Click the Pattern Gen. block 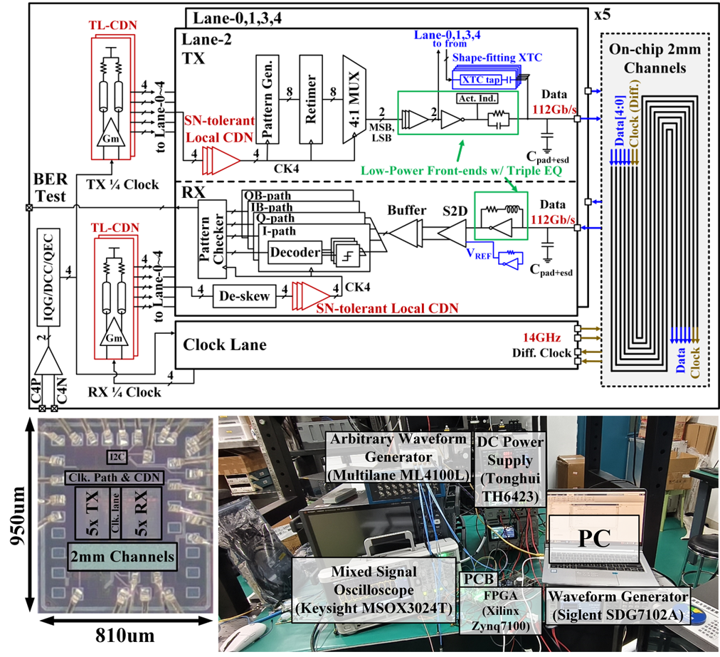[268, 99]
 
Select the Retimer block [311, 99]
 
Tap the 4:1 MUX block [354, 99]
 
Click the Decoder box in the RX [295, 252]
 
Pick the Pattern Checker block [212, 239]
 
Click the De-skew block [244, 296]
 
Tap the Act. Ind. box [477, 98]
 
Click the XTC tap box [480, 80]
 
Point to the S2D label [455, 211]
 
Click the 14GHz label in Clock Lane [542, 337]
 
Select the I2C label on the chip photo [117, 457]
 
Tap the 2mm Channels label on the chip [122, 557]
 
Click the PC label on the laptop [594, 538]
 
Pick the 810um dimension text [125, 636]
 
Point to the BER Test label [51, 187]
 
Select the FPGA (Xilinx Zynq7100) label [500, 610]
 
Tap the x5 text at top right [603, 15]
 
